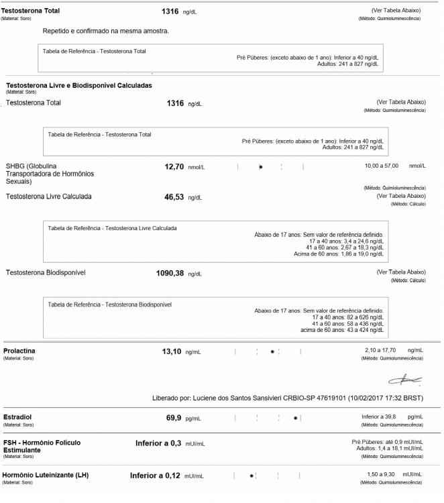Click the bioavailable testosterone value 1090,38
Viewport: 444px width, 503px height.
(x=170, y=273)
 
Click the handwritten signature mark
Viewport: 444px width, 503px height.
(x=408, y=380)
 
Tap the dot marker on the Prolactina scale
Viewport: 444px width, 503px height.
(x=272, y=351)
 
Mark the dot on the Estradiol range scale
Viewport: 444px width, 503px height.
(x=295, y=418)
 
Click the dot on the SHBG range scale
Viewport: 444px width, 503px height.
(x=260, y=166)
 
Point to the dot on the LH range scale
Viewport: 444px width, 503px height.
(x=252, y=476)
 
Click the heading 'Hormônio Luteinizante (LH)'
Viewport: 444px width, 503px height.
(x=46, y=475)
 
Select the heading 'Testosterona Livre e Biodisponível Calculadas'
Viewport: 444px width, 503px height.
(x=78, y=86)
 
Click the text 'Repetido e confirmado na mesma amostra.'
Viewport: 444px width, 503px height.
(x=105, y=31)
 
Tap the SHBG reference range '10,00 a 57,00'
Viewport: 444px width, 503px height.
(x=381, y=165)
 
